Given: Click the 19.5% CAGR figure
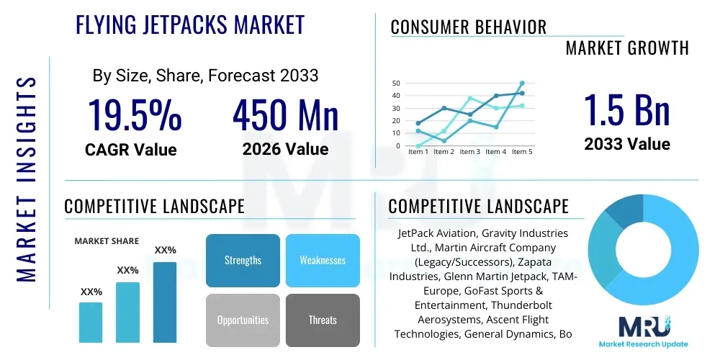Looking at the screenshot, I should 135,114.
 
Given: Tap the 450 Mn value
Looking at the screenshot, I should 285,114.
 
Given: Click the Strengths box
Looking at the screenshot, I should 243,261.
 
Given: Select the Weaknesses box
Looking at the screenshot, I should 323,261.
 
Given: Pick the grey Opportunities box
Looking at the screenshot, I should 243,320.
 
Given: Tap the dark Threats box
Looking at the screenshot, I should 323,320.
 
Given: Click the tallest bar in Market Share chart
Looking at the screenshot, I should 164,302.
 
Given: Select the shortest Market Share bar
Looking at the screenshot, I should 91,322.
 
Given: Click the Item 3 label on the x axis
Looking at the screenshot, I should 469,152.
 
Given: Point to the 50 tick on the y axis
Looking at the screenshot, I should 395,84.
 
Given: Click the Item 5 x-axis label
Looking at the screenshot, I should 522,152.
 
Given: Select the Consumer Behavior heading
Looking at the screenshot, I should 468,27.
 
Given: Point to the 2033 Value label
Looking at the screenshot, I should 626,144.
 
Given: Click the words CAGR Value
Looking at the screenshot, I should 130,150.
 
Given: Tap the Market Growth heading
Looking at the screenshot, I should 626,48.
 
